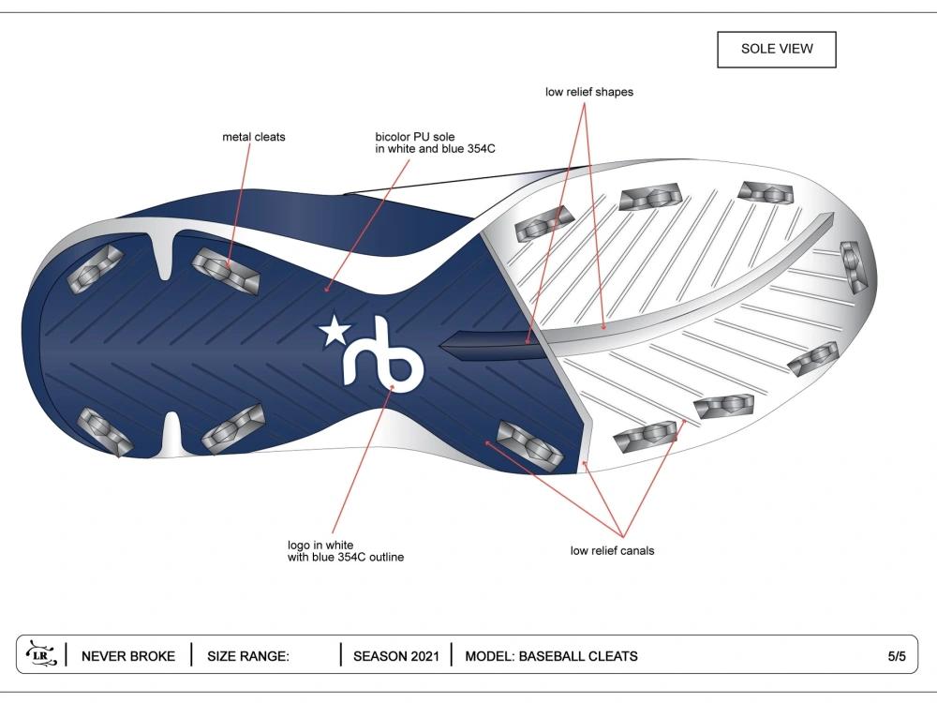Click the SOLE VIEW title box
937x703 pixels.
click(x=776, y=49)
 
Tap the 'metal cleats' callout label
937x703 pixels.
click(x=253, y=137)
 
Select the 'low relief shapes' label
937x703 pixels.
click(x=589, y=92)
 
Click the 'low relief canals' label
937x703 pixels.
click(x=612, y=550)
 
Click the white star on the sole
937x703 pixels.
click(x=335, y=331)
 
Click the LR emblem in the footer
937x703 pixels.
click(x=41, y=654)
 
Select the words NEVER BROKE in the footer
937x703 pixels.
click(x=128, y=656)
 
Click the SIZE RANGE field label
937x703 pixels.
click(x=248, y=656)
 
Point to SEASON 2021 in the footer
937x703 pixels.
click(x=395, y=656)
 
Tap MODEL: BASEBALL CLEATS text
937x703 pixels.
click(x=551, y=656)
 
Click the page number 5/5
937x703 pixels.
click(x=897, y=656)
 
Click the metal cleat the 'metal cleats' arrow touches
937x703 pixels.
click(x=226, y=270)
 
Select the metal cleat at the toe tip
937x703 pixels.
click(x=854, y=266)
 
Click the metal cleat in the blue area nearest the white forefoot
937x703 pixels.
click(x=529, y=446)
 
